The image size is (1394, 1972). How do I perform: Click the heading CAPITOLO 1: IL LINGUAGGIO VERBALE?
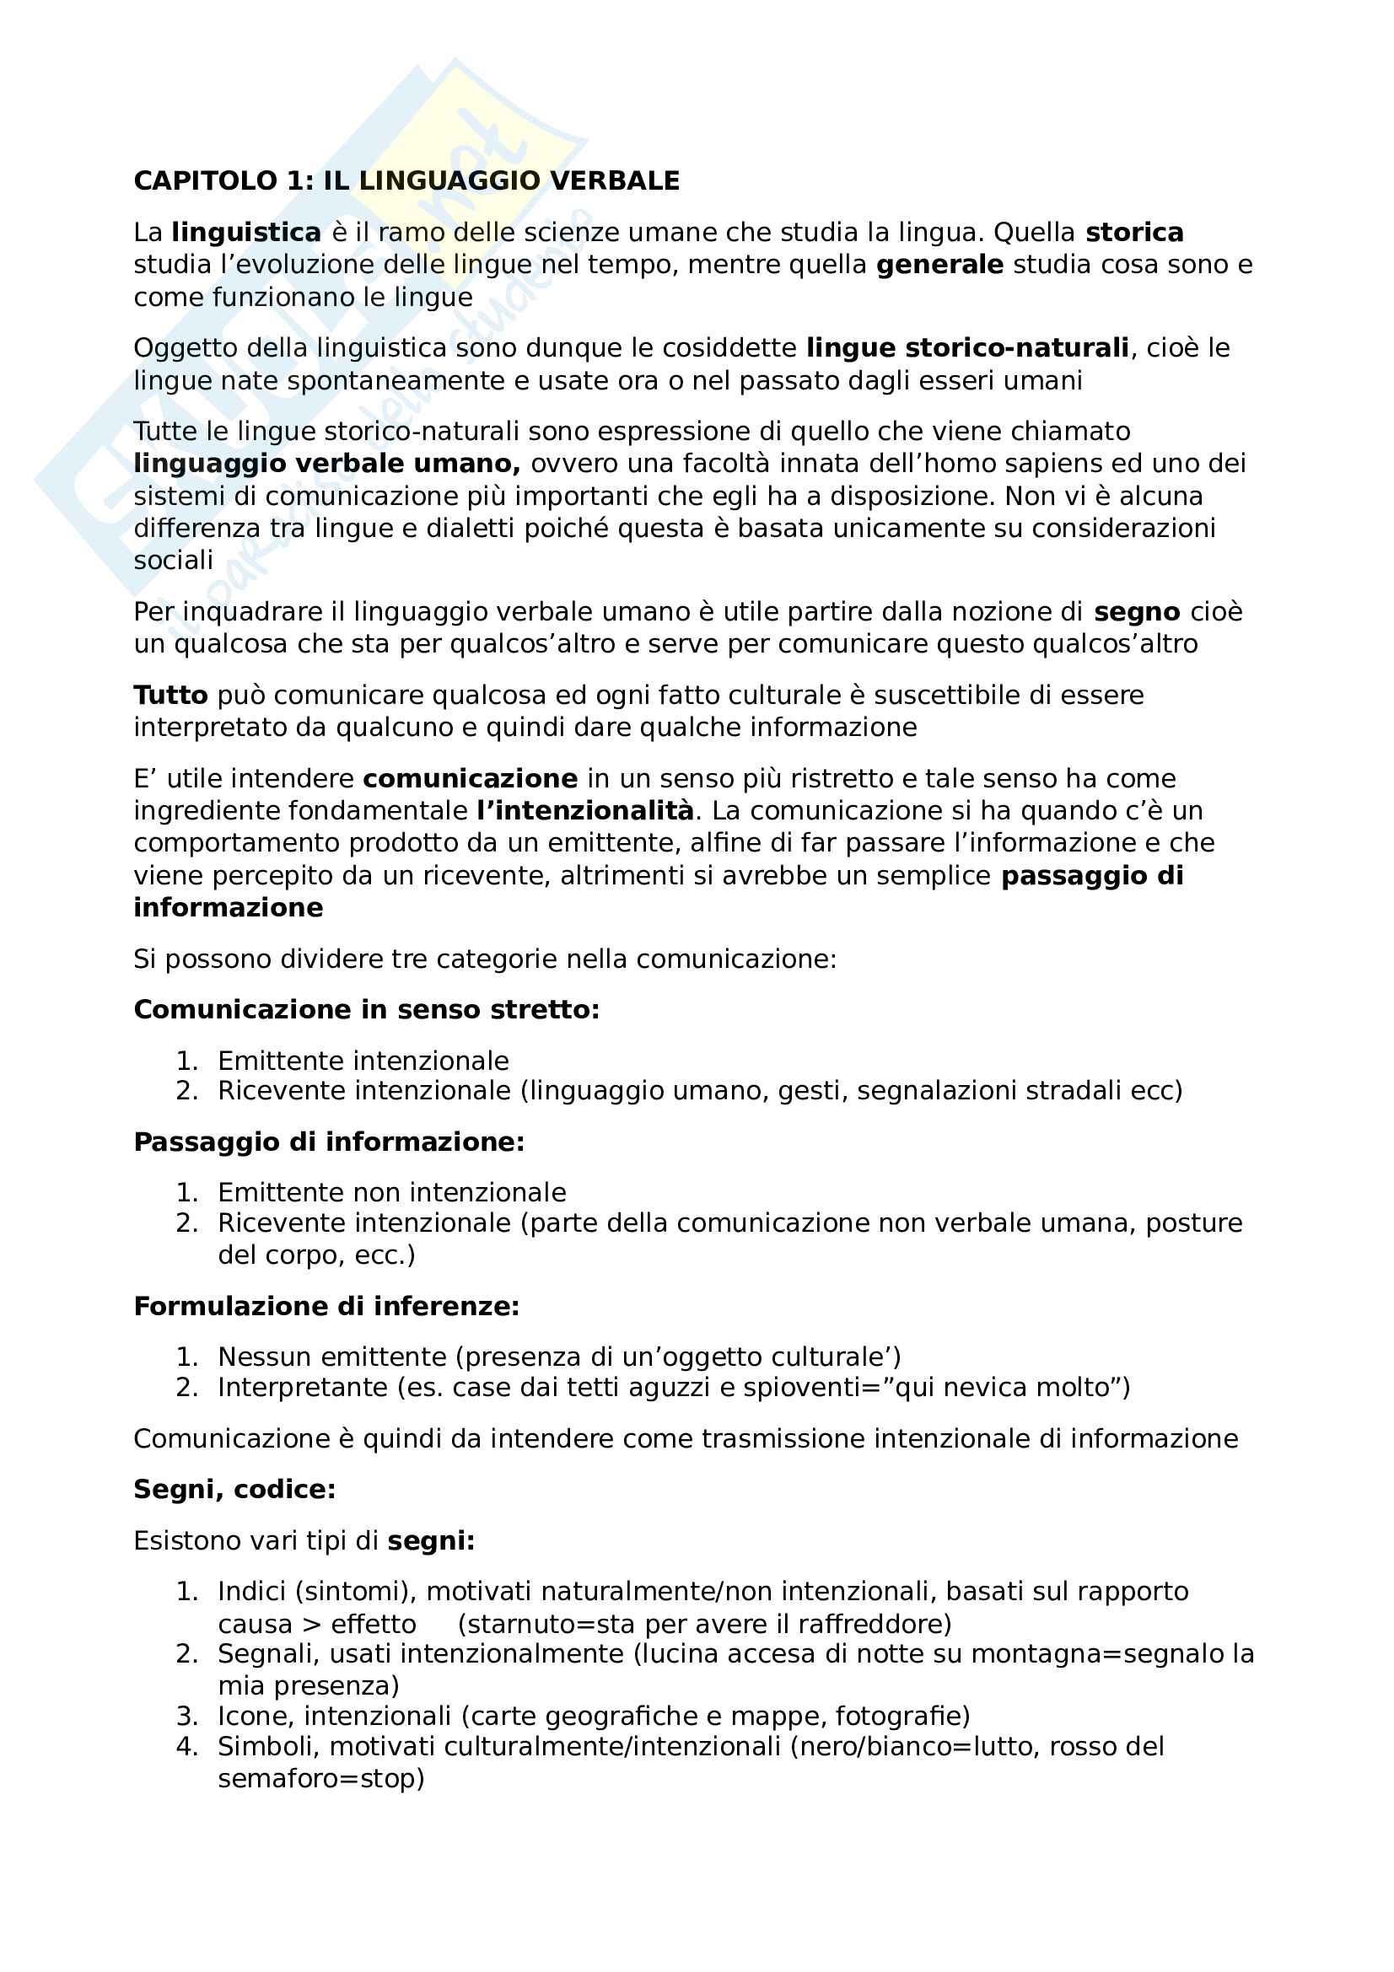click(x=406, y=181)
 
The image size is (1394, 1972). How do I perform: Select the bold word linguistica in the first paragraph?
click(x=245, y=233)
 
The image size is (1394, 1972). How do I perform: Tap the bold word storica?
click(x=1133, y=233)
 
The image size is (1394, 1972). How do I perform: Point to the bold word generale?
click(x=939, y=265)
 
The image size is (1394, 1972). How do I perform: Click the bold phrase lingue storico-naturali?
click(x=967, y=348)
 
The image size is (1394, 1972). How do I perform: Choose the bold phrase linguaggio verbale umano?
click(x=326, y=464)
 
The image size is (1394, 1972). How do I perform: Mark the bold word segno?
click(x=1136, y=612)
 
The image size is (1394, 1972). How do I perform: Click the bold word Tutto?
click(x=171, y=695)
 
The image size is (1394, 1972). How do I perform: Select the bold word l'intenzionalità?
click(x=585, y=811)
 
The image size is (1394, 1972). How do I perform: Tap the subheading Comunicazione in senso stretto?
click(x=367, y=1009)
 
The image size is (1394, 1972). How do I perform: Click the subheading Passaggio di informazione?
click(x=329, y=1142)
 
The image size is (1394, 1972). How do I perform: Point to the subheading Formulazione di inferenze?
click(x=326, y=1306)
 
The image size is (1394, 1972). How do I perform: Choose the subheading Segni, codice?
click(x=234, y=1489)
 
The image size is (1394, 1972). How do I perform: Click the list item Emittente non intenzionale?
click(x=391, y=1192)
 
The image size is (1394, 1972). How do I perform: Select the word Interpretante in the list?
click(x=303, y=1387)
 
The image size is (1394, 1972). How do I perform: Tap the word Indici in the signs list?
click(x=252, y=1592)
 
